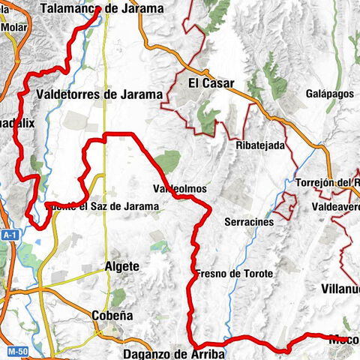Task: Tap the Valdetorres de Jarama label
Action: [x=99, y=94]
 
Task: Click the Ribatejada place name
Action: [x=260, y=145]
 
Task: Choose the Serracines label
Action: [x=249, y=222]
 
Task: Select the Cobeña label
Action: [x=112, y=316]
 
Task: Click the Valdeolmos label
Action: [x=179, y=190]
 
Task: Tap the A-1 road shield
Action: [x=9, y=235]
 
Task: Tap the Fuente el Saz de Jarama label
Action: [x=103, y=205]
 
